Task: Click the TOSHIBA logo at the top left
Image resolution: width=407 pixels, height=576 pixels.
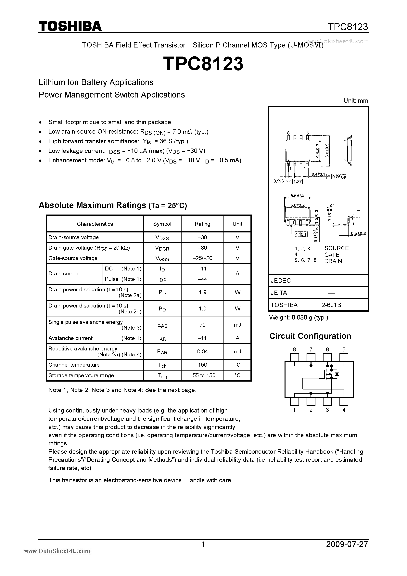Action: [x=70, y=26]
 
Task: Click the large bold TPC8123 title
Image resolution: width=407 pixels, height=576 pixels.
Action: [x=203, y=64]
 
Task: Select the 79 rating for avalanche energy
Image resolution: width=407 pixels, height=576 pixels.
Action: [x=202, y=325]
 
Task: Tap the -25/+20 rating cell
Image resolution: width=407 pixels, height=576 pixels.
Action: [x=202, y=258]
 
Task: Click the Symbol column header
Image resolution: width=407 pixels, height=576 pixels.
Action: [x=162, y=224]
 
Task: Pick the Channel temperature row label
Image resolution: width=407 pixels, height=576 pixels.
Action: [x=74, y=365]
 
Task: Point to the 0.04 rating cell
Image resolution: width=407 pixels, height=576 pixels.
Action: [x=202, y=351]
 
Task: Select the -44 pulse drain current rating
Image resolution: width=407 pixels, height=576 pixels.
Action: [x=202, y=279]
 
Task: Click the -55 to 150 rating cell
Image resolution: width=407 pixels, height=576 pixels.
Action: [x=202, y=375]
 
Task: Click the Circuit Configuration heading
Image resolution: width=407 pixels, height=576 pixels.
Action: [x=310, y=336]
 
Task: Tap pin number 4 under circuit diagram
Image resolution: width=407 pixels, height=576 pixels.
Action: [x=344, y=410]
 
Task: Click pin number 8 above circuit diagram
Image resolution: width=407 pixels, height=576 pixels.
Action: [x=294, y=349]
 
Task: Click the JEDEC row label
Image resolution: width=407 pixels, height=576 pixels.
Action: [x=281, y=281]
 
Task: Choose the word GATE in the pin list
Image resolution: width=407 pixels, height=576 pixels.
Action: [x=332, y=255]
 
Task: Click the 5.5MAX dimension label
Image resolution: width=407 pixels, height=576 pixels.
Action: [x=297, y=195]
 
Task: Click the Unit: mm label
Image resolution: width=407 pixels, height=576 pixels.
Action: [x=356, y=101]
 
